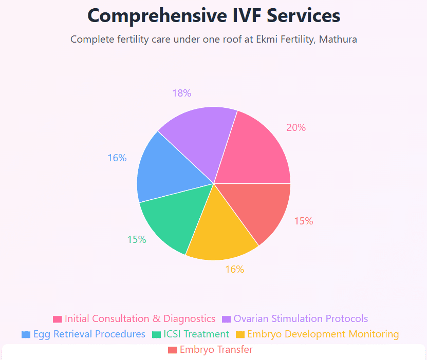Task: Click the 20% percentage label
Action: click(x=296, y=128)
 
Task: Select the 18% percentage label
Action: click(x=182, y=93)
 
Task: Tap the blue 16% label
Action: click(x=117, y=158)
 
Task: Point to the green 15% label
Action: click(x=137, y=239)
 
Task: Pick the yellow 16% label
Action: click(x=235, y=269)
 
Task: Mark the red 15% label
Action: click(x=304, y=221)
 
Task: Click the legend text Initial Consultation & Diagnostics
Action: click(x=140, y=319)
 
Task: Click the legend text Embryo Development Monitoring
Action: click(x=323, y=334)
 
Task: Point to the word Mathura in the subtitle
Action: click(x=338, y=40)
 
